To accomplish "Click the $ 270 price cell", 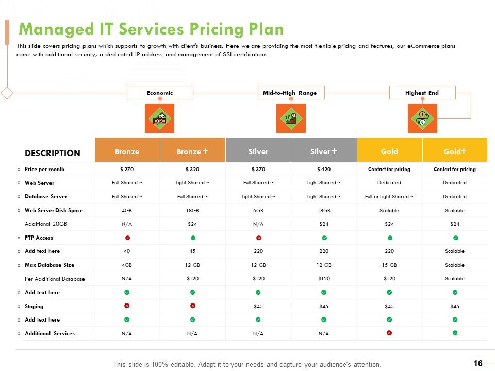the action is point(127,170).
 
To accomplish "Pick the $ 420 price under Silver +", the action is point(324,170).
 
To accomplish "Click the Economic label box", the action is point(160,93).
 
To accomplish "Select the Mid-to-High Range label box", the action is point(291,93).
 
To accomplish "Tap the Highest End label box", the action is point(422,93).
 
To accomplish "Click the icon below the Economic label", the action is point(159,119).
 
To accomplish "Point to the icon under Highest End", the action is point(422,119).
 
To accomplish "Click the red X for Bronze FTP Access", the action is point(127,238).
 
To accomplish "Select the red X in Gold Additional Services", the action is point(389,333).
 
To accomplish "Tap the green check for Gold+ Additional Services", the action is point(455,333).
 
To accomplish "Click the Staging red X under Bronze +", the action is point(192,306).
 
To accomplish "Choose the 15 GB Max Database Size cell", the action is point(389,265).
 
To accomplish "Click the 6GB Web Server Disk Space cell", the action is point(258,210).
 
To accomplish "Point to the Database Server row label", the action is point(46,196).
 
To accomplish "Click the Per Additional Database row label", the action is point(55,279).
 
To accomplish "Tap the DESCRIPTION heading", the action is point(53,153).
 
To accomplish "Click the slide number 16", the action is point(478,363).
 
